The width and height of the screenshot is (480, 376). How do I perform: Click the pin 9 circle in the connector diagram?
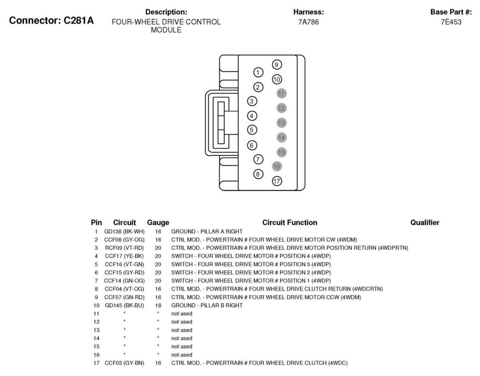(276, 65)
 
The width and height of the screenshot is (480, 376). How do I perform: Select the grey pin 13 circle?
(281, 123)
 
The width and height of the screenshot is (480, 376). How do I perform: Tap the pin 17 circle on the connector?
(277, 181)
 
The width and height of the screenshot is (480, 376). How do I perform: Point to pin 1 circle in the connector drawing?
(258, 72)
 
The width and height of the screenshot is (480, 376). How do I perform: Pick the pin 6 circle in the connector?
(252, 145)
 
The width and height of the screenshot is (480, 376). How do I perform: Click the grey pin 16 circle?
(277, 166)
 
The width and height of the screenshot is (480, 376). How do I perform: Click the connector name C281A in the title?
(78, 20)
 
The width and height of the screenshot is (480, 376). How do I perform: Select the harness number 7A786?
(308, 22)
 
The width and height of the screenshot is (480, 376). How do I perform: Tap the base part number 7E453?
(451, 22)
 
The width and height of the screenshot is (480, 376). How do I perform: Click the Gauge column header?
(158, 223)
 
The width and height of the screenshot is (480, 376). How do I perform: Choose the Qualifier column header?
(425, 222)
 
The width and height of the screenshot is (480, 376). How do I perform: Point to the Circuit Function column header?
(289, 222)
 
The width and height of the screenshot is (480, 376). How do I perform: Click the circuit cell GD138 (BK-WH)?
(124, 232)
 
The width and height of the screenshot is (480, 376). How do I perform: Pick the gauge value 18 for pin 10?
(158, 305)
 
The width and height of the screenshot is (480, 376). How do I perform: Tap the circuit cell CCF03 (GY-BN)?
(124, 363)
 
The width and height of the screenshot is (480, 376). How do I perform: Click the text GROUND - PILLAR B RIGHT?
(207, 305)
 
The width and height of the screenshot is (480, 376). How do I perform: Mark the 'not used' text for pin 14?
(182, 338)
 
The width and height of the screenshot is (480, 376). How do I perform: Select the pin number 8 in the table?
(96, 289)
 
